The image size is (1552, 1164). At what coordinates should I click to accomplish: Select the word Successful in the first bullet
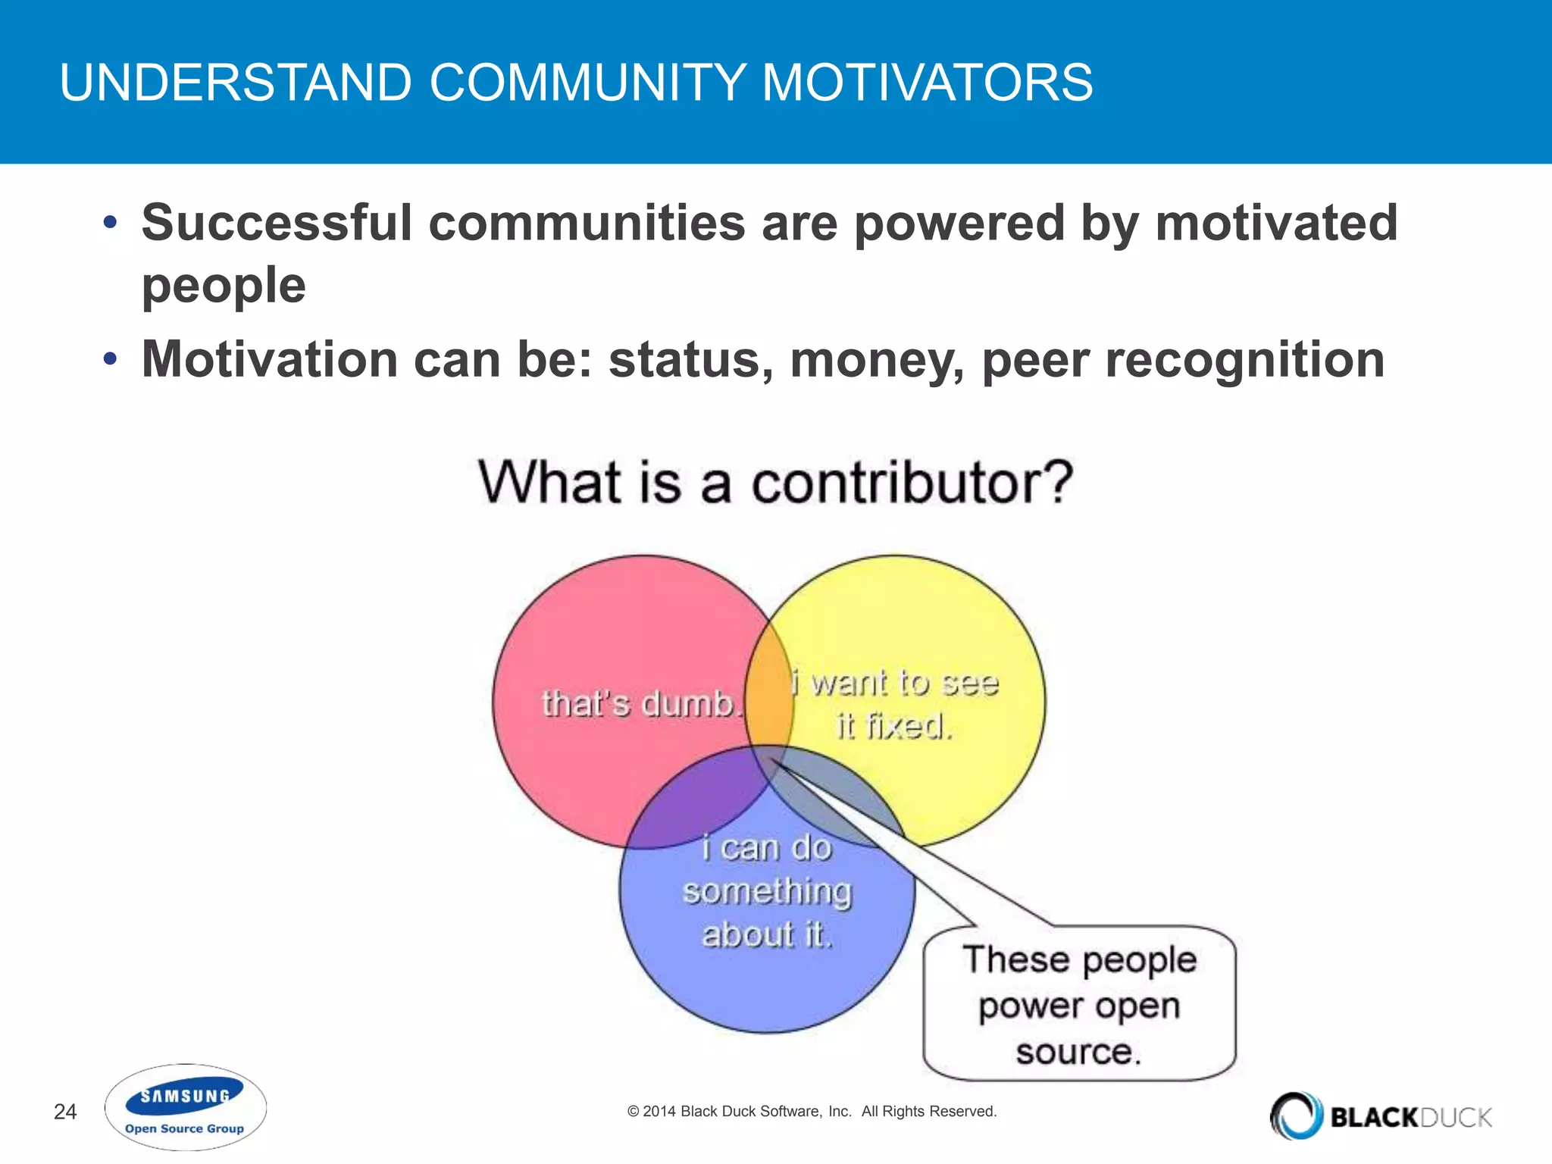point(277,223)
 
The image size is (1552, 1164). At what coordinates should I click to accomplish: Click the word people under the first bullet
point(224,286)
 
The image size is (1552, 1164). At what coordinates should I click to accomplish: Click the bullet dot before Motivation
point(111,358)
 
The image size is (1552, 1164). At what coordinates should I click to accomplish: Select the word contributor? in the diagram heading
point(912,483)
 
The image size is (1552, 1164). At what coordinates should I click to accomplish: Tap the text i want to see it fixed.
point(895,705)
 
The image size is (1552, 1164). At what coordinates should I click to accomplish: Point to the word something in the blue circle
point(767,891)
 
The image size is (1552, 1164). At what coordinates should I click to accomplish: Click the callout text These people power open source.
point(1079,1006)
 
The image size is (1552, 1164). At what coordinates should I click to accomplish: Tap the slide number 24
point(65,1112)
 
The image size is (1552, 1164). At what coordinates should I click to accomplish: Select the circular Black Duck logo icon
point(1297,1115)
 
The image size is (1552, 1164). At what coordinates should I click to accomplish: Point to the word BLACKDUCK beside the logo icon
point(1411,1117)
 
